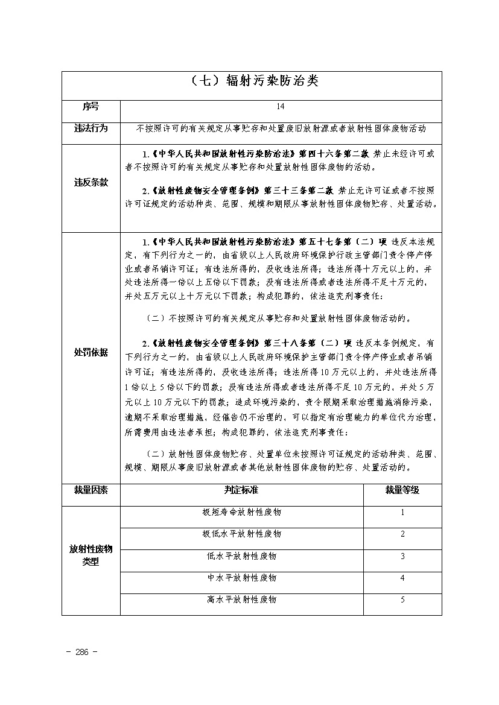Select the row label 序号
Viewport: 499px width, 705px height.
[x=91, y=107]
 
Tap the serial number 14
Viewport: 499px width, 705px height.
[x=281, y=107]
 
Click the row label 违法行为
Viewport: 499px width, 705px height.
[x=91, y=128]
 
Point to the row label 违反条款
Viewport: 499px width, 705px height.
[x=91, y=182]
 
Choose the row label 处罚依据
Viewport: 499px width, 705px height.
[x=91, y=352]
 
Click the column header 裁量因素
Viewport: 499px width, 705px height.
[x=91, y=490]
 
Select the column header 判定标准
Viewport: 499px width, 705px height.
[x=241, y=490]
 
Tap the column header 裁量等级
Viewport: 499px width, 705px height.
[x=402, y=490]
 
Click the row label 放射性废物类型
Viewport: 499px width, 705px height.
[x=91, y=555]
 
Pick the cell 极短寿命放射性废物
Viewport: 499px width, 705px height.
[x=241, y=513]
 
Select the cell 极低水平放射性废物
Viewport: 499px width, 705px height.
[x=241, y=534]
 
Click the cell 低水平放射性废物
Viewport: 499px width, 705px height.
[x=241, y=556]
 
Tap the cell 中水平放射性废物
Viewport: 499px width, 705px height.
[x=241, y=578]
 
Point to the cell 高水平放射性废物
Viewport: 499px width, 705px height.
[x=241, y=600]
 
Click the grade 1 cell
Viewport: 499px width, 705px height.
[x=402, y=513]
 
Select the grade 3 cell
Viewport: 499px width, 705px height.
[x=402, y=556]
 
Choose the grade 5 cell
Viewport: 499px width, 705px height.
[x=402, y=600]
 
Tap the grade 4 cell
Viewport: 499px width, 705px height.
[x=402, y=578]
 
